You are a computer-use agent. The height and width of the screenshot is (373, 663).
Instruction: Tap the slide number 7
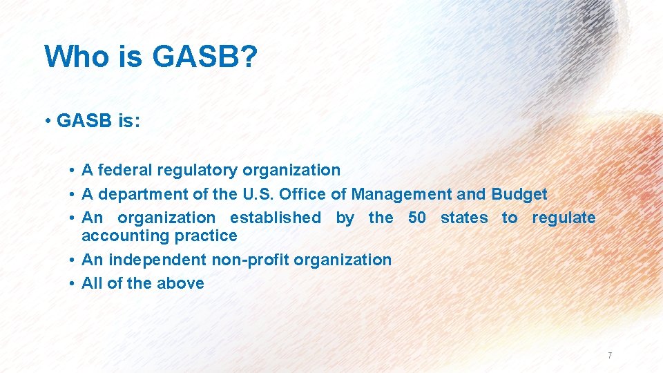(x=610, y=356)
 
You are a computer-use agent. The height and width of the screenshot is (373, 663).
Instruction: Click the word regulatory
(x=194, y=170)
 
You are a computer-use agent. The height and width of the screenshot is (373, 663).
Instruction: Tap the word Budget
(x=519, y=194)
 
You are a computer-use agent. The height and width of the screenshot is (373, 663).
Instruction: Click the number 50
(x=417, y=218)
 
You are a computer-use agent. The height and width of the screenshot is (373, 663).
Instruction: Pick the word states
(x=464, y=218)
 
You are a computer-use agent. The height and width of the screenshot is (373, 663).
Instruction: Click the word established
(x=276, y=218)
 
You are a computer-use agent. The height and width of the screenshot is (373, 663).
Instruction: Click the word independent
(x=151, y=260)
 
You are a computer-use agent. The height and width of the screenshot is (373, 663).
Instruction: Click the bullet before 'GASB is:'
(x=48, y=122)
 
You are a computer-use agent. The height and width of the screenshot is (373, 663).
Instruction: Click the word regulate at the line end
(x=564, y=218)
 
